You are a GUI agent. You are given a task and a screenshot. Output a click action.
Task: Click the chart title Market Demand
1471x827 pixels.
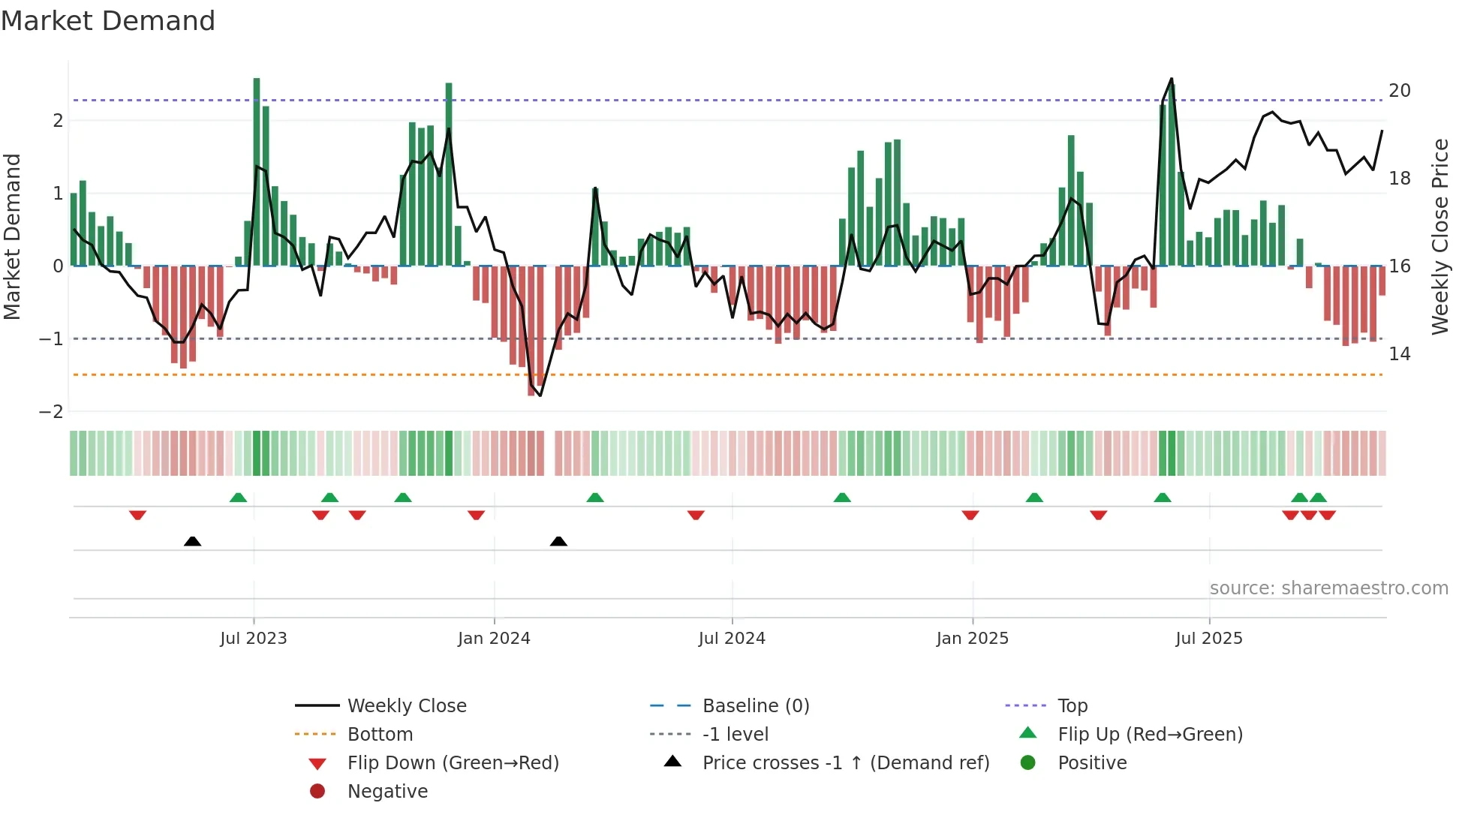coord(108,21)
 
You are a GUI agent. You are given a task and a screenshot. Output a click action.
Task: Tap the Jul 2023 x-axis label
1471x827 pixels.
coord(254,638)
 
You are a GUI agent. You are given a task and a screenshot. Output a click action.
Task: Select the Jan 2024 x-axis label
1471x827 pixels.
coord(494,638)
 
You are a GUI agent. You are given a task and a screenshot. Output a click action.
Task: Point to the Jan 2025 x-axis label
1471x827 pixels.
coord(973,638)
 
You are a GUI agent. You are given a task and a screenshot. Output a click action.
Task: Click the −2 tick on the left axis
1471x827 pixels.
coord(52,411)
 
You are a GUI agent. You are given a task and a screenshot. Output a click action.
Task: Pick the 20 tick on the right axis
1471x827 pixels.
coord(1399,91)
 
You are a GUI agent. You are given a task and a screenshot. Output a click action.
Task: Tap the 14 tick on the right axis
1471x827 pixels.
coord(1399,353)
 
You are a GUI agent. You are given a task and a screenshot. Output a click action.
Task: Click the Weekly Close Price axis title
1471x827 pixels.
coord(1439,236)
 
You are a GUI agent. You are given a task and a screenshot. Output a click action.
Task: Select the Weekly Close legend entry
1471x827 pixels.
coord(406,705)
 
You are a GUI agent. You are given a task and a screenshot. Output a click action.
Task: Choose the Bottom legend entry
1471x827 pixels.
coord(380,734)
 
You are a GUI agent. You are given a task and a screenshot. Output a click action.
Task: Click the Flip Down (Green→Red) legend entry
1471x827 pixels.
coord(453,762)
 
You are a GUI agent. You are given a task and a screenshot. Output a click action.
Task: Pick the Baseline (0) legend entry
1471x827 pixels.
coord(755,705)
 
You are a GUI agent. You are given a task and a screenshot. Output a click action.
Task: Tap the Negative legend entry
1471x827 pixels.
coord(387,791)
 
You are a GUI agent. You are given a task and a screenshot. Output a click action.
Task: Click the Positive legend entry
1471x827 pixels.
coord(1092,762)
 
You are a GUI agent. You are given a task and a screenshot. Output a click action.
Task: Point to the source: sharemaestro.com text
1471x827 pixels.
coord(1328,588)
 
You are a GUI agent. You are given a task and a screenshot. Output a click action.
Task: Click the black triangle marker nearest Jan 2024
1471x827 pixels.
coord(558,541)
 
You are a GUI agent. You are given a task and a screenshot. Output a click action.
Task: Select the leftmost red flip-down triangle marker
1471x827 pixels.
coord(137,515)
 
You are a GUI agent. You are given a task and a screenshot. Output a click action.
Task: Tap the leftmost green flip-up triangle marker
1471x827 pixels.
coord(238,498)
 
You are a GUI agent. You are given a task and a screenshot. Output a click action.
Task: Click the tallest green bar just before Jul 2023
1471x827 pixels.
coord(257,173)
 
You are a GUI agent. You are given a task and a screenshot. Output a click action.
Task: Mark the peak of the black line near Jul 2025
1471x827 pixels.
coord(1172,79)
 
